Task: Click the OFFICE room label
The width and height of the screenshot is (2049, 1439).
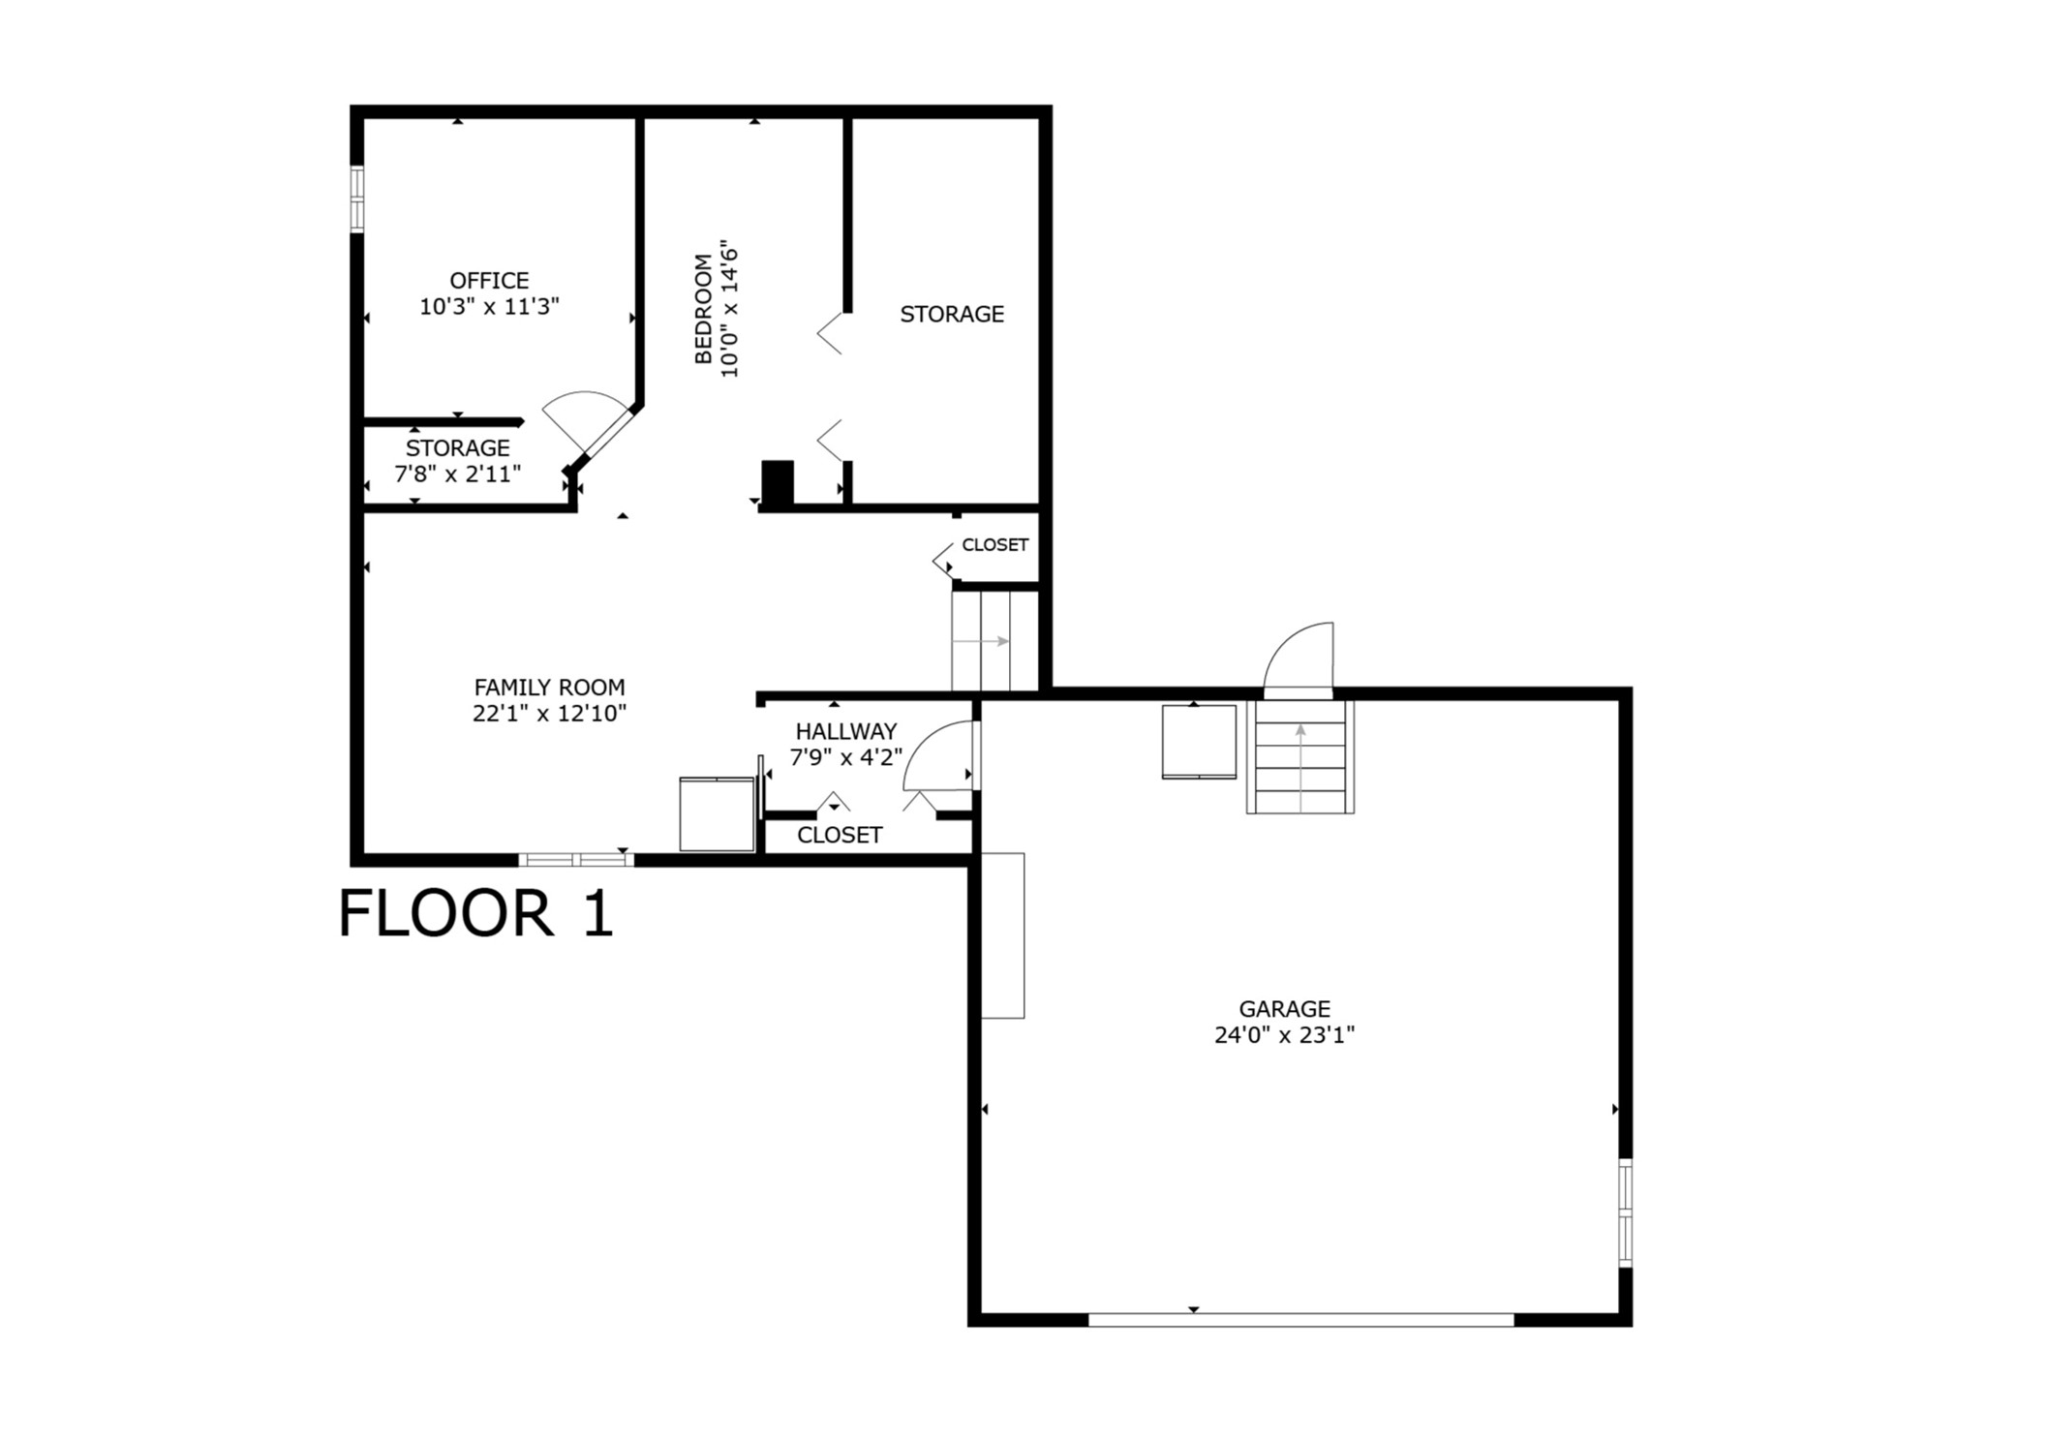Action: (x=489, y=281)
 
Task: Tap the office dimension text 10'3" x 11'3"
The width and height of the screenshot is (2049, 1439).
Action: (x=489, y=307)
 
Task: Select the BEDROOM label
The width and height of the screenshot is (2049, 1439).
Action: (x=704, y=309)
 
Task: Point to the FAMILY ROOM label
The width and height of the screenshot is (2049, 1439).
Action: (x=549, y=688)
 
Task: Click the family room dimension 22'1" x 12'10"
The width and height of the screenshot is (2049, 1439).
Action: (x=549, y=714)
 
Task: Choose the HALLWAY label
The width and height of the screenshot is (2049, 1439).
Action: (x=845, y=732)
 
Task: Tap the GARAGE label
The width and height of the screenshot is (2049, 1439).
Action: (x=1284, y=1009)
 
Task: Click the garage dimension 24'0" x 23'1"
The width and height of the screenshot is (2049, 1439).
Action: (x=1284, y=1035)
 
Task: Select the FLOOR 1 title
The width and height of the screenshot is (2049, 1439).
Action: (x=475, y=914)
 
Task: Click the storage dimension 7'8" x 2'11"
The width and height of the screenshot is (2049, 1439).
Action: (x=457, y=475)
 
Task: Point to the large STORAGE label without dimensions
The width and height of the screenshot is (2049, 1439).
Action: (x=952, y=314)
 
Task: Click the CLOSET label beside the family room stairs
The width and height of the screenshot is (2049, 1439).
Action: (x=994, y=545)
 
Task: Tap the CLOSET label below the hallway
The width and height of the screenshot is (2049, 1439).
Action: (x=840, y=835)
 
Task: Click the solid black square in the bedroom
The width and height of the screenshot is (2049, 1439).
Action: (x=778, y=481)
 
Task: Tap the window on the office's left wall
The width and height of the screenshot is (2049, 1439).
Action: (x=357, y=199)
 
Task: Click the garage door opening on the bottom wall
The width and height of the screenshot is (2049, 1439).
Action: (x=1300, y=1319)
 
